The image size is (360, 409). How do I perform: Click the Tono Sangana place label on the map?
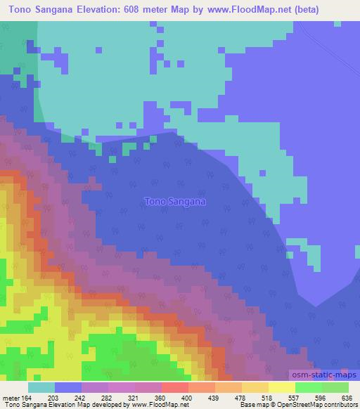174,202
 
